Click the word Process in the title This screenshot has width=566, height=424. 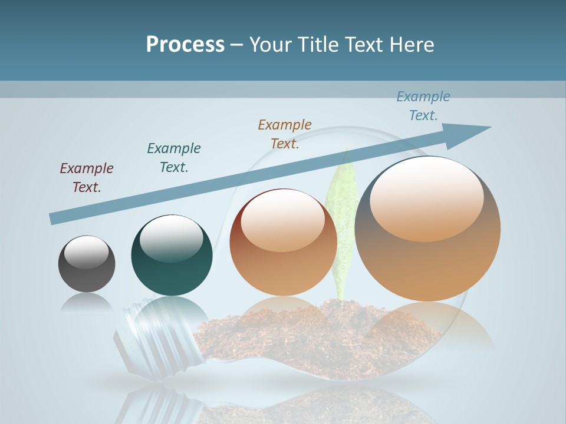pos(185,45)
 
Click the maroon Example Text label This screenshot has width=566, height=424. pos(87,178)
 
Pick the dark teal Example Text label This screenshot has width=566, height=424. pos(174,158)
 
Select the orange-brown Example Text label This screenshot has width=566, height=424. pos(285,134)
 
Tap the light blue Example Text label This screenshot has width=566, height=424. pos(423,106)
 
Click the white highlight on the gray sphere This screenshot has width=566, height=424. pos(87,252)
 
